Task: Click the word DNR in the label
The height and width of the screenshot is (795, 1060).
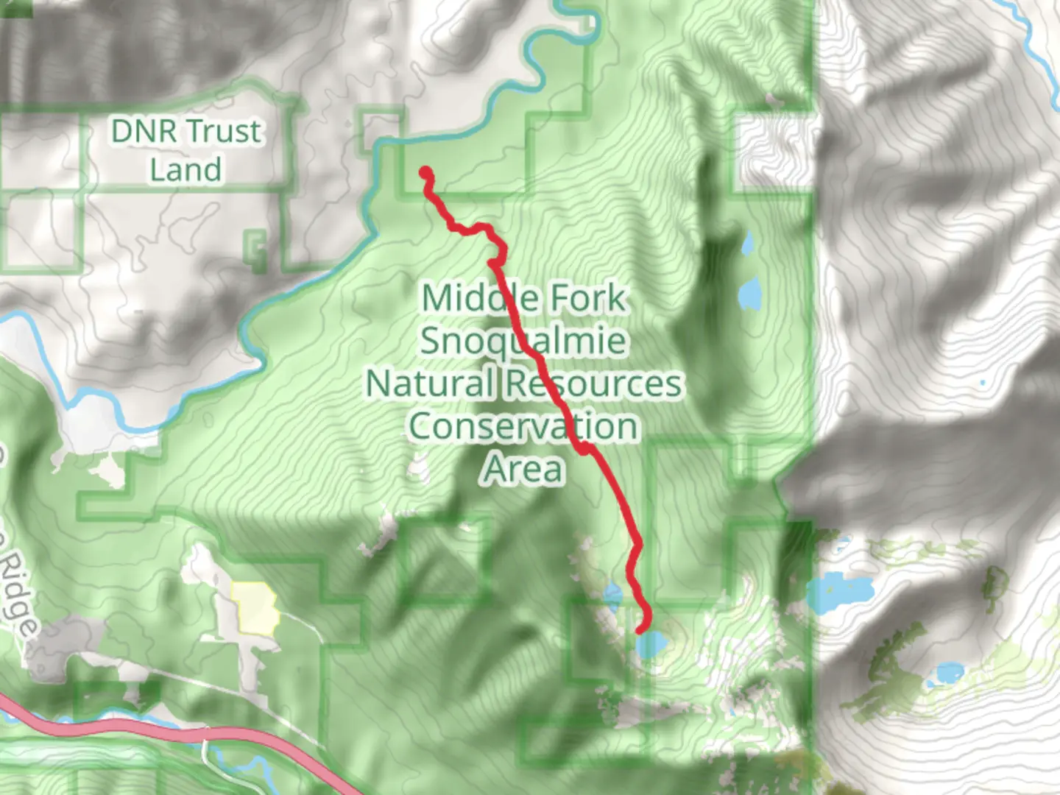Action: pyautogui.click(x=144, y=132)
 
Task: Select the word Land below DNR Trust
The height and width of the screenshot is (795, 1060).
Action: pyautogui.click(x=185, y=170)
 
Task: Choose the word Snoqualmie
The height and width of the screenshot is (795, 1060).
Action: pyautogui.click(x=524, y=341)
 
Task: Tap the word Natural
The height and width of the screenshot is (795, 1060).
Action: pyautogui.click(x=430, y=384)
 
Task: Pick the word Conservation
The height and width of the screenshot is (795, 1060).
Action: pyautogui.click(x=523, y=426)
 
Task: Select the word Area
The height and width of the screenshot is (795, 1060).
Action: pyautogui.click(x=523, y=469)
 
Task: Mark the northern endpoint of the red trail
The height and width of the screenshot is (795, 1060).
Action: pyautogui.click(x=425, y=174)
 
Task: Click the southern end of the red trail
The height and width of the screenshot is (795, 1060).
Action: pyautogui.click(x=640, y=629)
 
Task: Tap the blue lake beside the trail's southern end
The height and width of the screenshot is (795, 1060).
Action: pyautogui.click(x=652, y=646)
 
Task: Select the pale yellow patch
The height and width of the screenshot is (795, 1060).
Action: pyautogui.click(x=255, y=607)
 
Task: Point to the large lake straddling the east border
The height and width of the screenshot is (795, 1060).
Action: pyautogui.click(x=839, y=593)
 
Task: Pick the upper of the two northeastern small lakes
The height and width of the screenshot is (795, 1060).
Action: pyautogui.click(x=747, y=243)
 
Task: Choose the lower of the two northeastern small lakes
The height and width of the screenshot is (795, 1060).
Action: pyautogui.click(x=750, y=294)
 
